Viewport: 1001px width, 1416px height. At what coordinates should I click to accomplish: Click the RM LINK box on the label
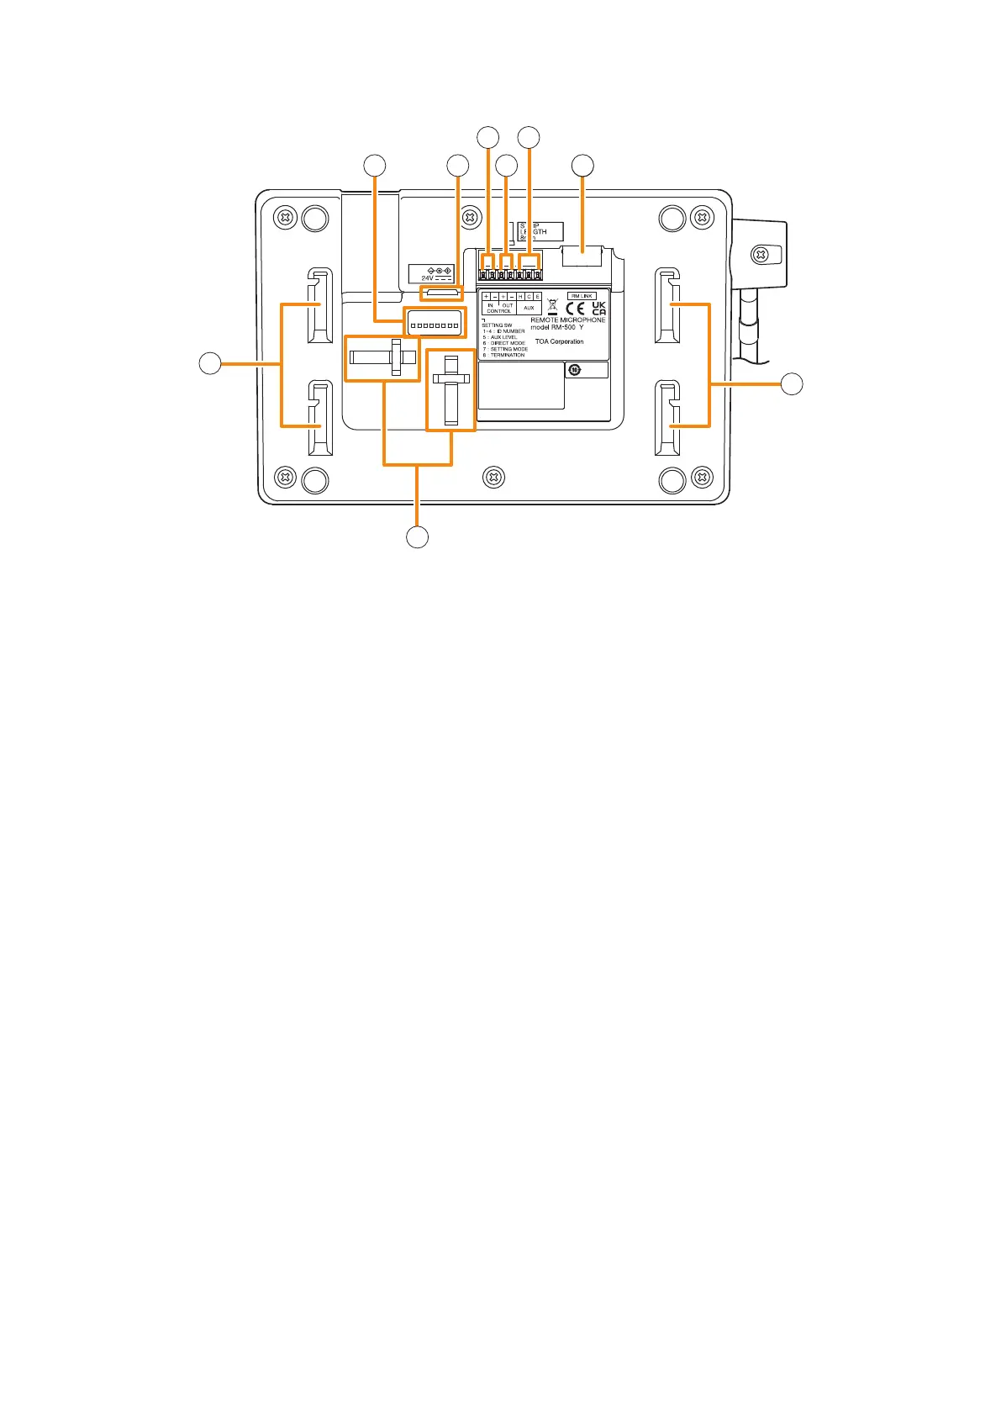click(x=582, y=296)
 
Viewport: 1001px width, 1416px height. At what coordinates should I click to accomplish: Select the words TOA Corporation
click(x=559, y=341)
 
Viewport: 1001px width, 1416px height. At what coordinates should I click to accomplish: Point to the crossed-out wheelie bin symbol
click(x=552, y=307)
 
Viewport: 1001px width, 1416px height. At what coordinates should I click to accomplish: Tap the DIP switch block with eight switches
click(x=434, y=323)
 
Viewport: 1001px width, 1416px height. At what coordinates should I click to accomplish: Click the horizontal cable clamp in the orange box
click(x=382, y=357)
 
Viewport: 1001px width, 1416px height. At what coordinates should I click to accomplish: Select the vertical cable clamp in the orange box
click(x=451, y=390)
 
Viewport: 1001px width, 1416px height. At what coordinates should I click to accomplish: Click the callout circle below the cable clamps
click(x=418, y=536)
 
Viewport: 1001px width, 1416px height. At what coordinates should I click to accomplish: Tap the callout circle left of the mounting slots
click(x=209, y=364)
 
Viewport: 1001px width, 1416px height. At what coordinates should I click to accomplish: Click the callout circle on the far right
click(x=791, y=384)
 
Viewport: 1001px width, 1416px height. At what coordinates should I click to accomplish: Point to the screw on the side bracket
click(x=760, y=253)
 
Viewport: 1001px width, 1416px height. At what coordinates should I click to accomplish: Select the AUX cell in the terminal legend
click(x=529, y=308)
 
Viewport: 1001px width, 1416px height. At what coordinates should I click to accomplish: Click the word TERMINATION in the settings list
click(x=508, y=355)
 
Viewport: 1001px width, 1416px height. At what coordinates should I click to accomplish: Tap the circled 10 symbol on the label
click(x=575, y=369)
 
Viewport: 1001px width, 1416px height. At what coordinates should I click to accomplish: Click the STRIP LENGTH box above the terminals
click(x=539, y=232)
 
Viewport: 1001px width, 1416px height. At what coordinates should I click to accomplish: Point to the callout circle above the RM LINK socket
click(x=582, y=166)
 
